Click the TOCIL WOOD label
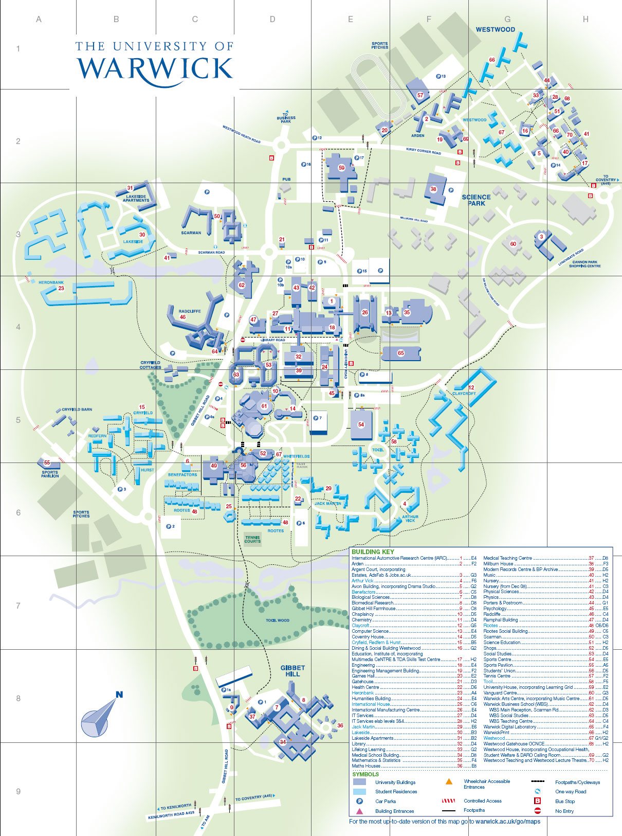tap(277, 620)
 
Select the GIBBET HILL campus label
tap(292, 670)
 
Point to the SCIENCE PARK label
tap(476, 200)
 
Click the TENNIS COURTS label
tap(252, 539)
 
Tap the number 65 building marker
tap(401, 353)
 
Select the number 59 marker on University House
tap(341, 168)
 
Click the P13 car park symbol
tap(441, 76)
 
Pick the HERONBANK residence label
tap(51, 282)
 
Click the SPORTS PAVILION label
tap(50, 474)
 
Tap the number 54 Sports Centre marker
tap(361, 424)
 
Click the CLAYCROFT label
tap(464, 394)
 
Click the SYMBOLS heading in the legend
tap(365, 774)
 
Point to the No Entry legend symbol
tap(538, 811)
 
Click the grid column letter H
tap(586, 20)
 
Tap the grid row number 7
tap(18, 606)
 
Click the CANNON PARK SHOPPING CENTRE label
tap(584, 264)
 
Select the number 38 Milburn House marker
tap(433, 189)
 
